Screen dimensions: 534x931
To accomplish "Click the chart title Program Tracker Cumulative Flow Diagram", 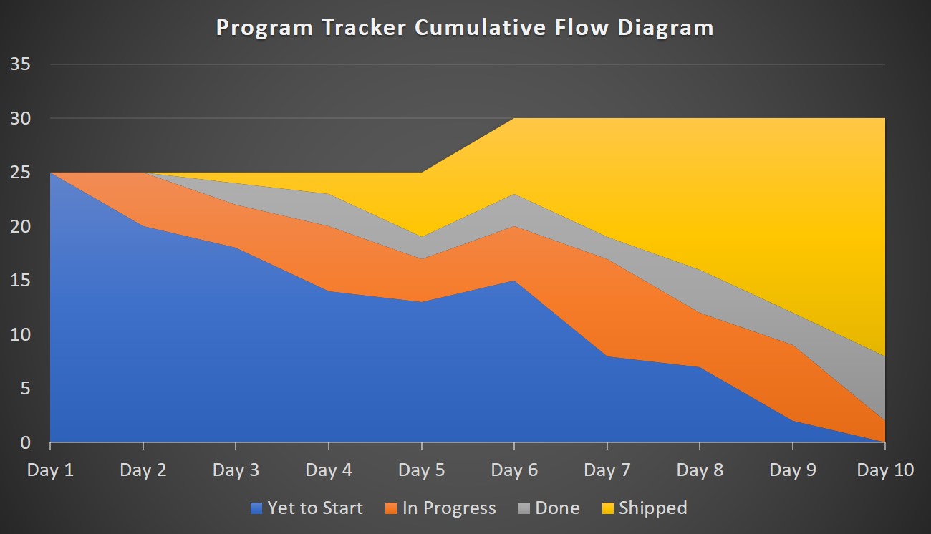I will click(x=465, y=28).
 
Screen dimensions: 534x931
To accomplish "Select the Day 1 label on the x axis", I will click(x=50, y=470).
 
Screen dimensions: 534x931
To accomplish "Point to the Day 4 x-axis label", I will click(x=329, y=470).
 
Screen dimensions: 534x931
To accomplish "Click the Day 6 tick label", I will click(x=514, y=470).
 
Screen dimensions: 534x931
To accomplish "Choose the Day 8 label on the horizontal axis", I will click(x=700, y=470).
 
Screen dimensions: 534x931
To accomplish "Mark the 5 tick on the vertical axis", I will click(x=25, y=389).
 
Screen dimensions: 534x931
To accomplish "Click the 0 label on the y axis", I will click(x=25, y=443).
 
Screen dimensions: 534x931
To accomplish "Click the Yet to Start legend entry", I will click(x=315, y=508).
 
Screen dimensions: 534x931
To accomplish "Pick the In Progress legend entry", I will click(x=449, y=508).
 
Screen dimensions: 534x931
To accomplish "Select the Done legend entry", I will click(x=557, y=508).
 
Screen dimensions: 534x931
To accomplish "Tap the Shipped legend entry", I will click(x=652, y=508).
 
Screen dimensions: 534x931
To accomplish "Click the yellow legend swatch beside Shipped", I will click(x=608, y=509).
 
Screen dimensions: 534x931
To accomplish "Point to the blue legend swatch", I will click(x=257, y=509).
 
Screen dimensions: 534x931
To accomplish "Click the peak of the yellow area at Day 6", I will click(x=514, y=119).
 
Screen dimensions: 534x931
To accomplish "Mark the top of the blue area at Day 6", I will click(x=514, y=281).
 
